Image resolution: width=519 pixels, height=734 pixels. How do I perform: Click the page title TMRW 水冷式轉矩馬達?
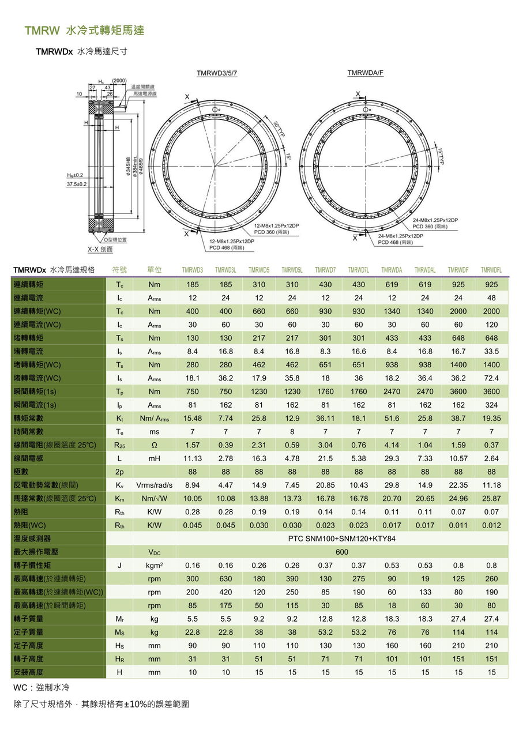[84, 31]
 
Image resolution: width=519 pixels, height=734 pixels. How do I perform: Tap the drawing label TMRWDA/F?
[365, 73]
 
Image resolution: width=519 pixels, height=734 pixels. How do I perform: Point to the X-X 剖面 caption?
[100, 249]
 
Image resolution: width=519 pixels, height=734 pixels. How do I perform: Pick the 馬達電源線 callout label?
[145, 93]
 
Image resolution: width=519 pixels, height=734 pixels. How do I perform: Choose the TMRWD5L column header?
[292, 270]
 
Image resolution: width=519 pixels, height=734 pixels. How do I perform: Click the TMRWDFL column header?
[491, 270]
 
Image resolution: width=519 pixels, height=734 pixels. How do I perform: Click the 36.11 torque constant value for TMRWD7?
[325, 418]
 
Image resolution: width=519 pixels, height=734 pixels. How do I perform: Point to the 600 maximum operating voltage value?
[342, 552]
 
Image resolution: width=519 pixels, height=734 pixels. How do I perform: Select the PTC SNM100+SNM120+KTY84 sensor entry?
[342, 539]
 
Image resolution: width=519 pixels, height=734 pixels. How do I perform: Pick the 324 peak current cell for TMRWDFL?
[491, 405]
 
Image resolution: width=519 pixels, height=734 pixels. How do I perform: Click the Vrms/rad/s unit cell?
[154, 485]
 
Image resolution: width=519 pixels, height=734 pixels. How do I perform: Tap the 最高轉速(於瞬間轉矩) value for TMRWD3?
[193, 605]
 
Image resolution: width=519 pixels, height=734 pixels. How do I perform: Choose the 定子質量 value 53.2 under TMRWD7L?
[359, 632]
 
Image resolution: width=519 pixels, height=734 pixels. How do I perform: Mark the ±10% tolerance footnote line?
[101, 704]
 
